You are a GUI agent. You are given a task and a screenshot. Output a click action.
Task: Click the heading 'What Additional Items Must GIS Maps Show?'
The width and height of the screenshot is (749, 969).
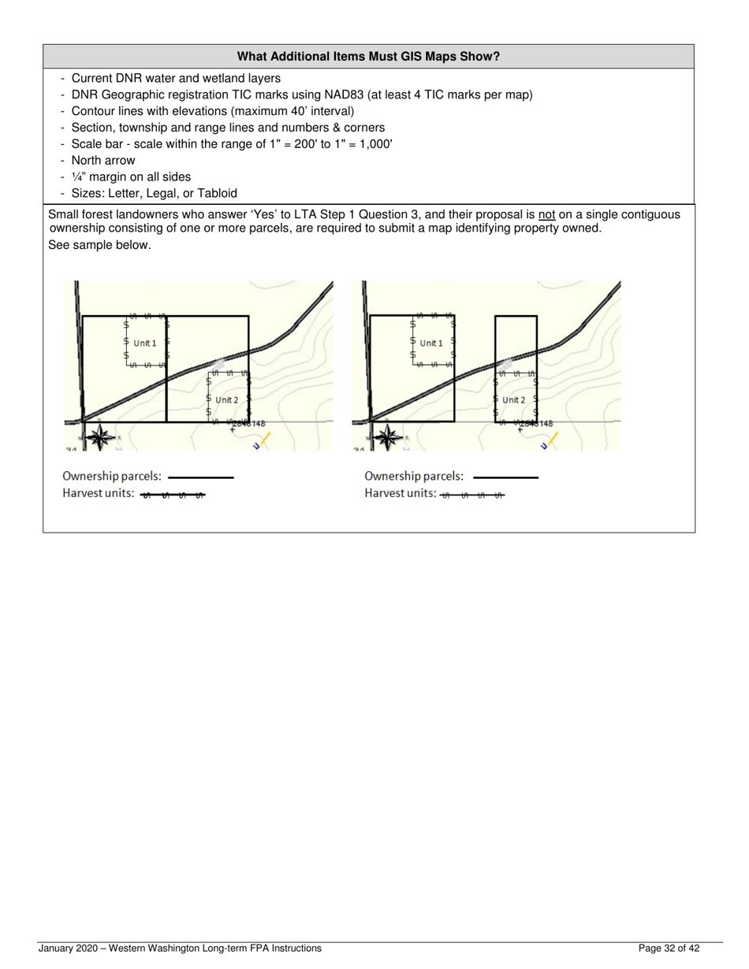point(368,57)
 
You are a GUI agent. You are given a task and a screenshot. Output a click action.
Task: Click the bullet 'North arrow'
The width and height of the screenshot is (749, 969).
point(103,161)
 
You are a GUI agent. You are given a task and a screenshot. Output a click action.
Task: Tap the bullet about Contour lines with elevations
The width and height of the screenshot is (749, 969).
point(213,111)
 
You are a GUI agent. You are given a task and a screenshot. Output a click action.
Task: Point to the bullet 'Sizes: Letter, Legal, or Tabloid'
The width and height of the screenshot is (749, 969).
point(154,194)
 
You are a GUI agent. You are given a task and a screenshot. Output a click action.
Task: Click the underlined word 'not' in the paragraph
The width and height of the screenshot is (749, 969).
point(547,214)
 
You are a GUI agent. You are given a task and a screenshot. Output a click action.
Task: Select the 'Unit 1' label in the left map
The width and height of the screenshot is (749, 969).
point(145,343)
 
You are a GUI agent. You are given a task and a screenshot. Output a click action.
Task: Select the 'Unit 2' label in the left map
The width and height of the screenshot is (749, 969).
point(226,400)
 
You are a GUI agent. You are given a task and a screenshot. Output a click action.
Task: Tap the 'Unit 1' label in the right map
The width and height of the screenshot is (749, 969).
point(431,343)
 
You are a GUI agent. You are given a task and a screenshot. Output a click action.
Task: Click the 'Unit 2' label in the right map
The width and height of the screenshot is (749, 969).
point(513,400)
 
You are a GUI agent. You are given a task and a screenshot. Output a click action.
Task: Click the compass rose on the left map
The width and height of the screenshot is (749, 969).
point(99,437)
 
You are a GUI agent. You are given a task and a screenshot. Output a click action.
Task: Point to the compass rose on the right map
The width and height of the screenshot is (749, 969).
point(386,437)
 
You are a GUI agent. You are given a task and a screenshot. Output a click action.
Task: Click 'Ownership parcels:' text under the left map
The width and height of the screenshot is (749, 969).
point(112,477)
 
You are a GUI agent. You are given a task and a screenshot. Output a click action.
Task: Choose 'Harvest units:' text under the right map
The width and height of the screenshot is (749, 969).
point(400,493)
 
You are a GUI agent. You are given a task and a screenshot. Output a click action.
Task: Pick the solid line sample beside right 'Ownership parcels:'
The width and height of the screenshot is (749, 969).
point(505,477)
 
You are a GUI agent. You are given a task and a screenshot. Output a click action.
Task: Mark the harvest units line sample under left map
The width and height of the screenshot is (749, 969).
point(173,495)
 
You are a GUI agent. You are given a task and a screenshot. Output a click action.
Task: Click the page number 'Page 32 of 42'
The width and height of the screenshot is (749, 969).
point(669,949)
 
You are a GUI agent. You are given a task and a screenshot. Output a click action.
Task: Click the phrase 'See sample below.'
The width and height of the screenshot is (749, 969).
point(99,245)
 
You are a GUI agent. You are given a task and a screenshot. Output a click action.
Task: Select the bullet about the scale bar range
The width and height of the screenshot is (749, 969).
point(232,144)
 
